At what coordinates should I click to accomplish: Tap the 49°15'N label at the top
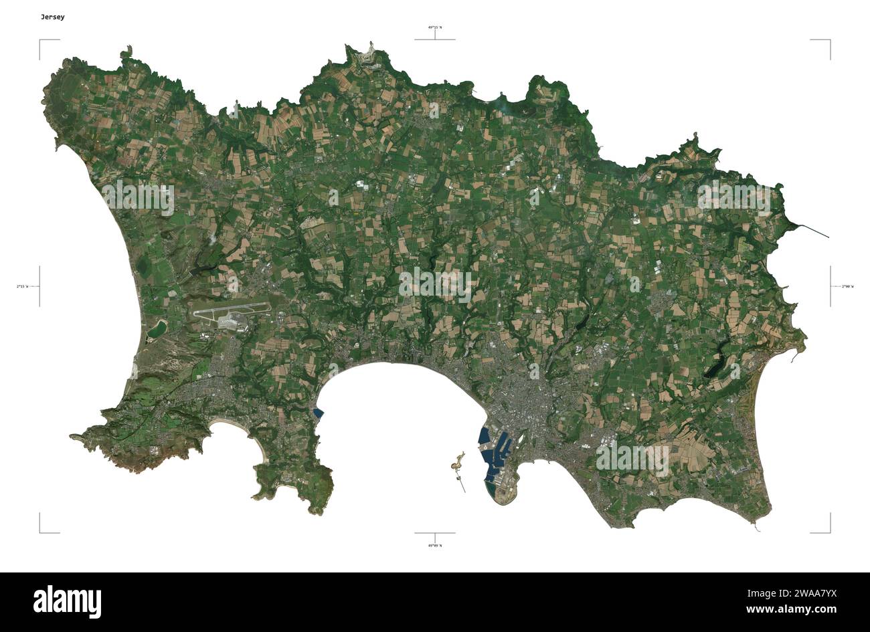coord(435,27)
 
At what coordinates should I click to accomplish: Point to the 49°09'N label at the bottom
coord(435,545)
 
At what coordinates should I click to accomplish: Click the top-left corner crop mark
coord(40,40)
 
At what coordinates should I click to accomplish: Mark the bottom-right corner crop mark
coord(830,532)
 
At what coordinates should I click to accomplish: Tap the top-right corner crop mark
coord(830,40)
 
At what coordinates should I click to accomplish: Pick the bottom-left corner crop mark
coord(40,532)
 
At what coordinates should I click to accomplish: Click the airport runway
coord(231,310)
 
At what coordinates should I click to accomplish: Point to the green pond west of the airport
coord(157,328)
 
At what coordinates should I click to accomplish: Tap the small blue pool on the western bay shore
coord(318,414)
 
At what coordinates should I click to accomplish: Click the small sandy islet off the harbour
coord(458,460)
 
